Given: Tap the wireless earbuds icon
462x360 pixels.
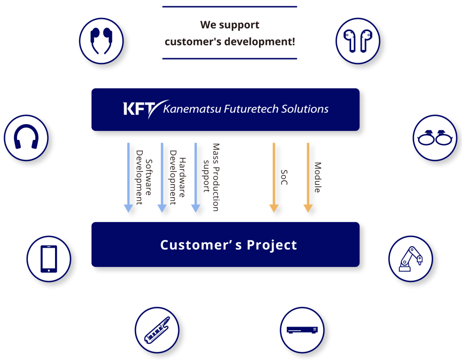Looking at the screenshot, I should click(358, 41).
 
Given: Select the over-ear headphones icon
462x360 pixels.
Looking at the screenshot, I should click(26, 137).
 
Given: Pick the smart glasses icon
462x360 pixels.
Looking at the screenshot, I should click(435, 138).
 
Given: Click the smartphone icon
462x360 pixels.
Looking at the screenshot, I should click(49, 259).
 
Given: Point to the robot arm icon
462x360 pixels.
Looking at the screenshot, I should click(410, 259).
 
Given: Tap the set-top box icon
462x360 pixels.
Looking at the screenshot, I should click(302, 330).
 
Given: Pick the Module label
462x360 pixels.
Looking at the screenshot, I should click(318, 177).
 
